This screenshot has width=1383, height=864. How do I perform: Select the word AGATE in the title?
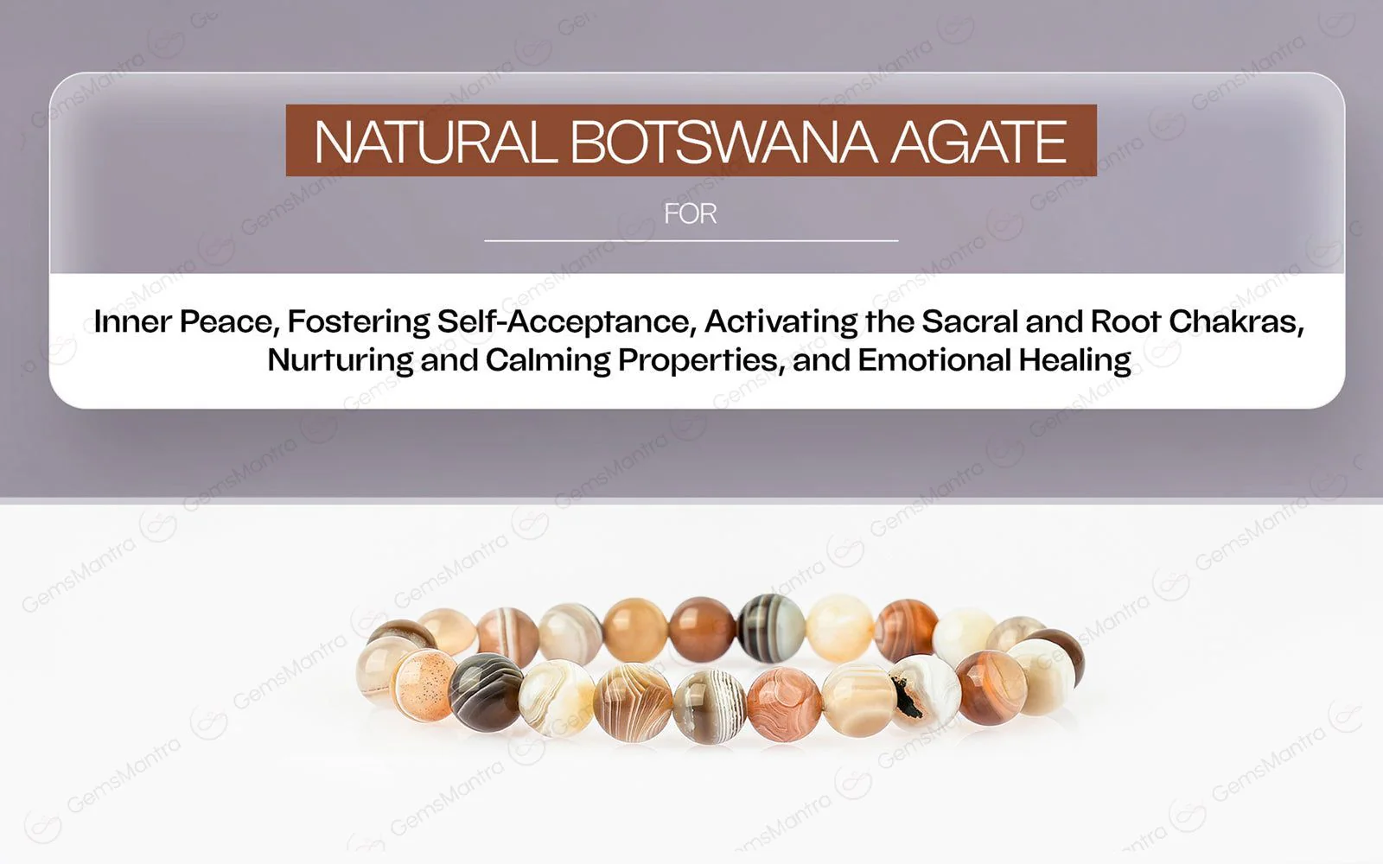tap(978, 142)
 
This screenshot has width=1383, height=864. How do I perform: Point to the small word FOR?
tap(690, 213)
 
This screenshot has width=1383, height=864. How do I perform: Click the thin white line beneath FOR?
tap(691, 240)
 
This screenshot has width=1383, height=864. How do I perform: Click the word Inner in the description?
tap(132, 321)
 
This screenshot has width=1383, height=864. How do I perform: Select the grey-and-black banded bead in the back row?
tap(770, 626)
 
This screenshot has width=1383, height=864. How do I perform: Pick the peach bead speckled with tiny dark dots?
tap(424, 685)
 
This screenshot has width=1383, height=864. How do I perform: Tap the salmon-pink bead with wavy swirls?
tap(783, 704)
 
